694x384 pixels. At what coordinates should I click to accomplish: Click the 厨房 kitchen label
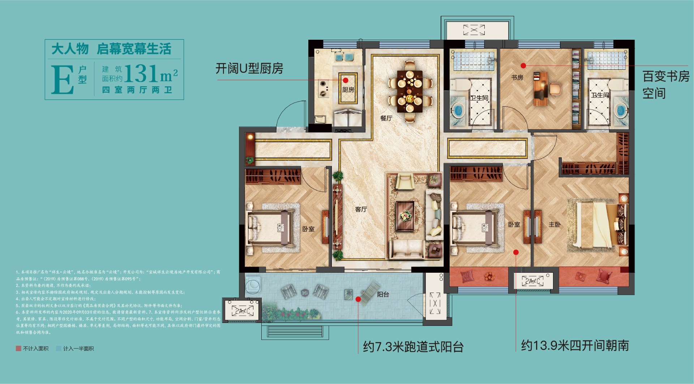click(348, 90)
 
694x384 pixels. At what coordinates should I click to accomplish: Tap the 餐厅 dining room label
click(386, 118)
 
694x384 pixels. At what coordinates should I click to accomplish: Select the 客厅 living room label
click(361, 209)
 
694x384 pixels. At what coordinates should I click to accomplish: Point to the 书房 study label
click(517, 77)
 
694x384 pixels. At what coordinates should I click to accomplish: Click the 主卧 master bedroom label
click(554, 224)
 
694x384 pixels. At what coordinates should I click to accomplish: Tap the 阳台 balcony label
click(383, 294)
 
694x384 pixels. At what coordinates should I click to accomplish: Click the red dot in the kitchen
click(346, 80)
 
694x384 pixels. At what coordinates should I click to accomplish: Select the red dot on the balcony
click(358, 299)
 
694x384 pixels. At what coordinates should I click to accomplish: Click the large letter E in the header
click(62, 80)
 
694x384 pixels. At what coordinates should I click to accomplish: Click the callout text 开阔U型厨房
click(249, 68)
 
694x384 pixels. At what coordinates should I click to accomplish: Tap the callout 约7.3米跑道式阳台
click(413, 347)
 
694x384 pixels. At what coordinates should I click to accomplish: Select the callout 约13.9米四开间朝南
click(575, 346)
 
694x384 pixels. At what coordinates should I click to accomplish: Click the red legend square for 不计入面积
click(18, 349)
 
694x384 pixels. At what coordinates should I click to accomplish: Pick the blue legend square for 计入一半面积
click(59, 349)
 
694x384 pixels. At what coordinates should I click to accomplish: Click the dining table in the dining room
click(410, 91)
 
